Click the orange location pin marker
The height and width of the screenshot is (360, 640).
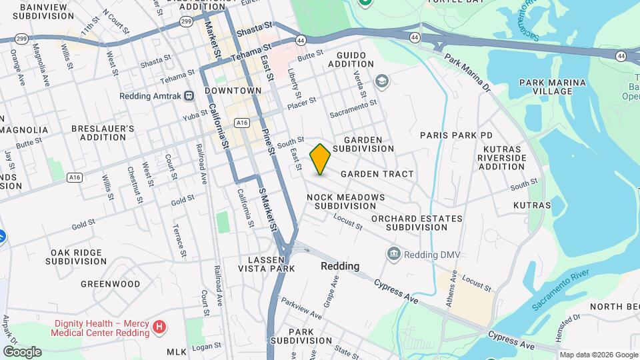(x=320, y=159)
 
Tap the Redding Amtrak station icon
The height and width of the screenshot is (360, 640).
(x=189, y=96)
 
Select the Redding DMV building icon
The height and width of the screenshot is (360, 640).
(x=394, y=254)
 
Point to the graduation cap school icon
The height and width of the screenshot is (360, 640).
(x=381, y=81)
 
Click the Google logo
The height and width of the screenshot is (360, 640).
(x=22, y=352)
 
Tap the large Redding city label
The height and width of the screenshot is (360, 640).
(x=340, y=266)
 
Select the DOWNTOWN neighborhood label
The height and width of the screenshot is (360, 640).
(x=233, y=90)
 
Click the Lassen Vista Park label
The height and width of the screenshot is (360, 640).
(x=267, y=263)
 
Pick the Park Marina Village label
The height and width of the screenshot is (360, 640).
(x=553, y=87)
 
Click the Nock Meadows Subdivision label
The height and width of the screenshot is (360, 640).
(x=346, y=201)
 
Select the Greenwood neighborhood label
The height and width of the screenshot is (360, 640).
(x=111, y=284)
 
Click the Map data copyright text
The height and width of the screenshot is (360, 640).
(x=598, y=354)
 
